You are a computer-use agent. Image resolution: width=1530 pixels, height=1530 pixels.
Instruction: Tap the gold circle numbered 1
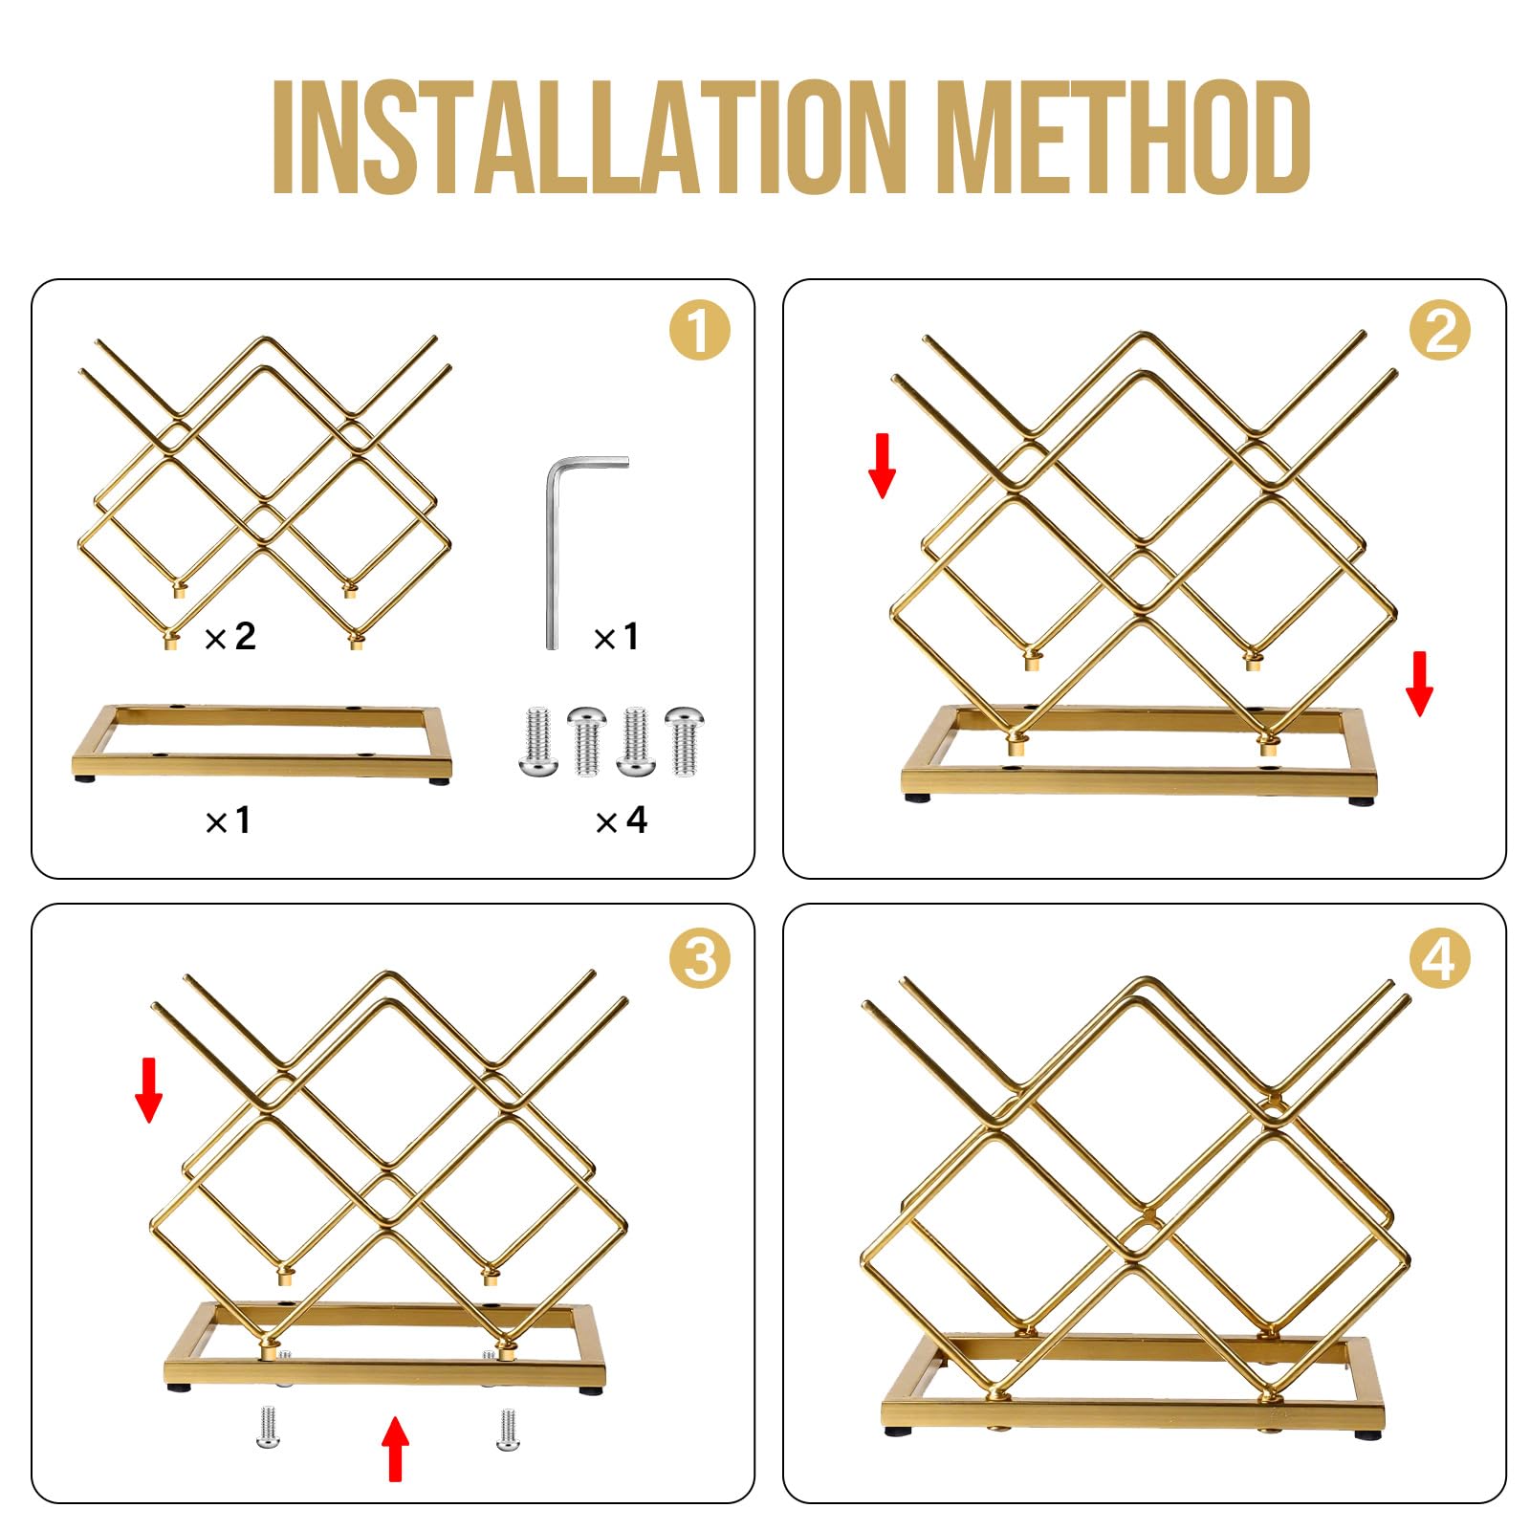(x=699, y=331)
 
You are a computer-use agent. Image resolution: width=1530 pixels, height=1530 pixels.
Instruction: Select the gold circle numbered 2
(x=1440, y=331)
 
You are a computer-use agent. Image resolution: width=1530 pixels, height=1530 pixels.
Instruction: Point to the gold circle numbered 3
(x=699, y=959)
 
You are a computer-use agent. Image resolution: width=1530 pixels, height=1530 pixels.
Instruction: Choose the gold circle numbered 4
(x=1440, y=959)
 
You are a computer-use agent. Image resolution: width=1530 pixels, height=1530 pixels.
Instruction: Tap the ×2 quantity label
(x=230, y=636)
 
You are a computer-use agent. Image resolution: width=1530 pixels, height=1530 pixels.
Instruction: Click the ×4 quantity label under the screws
(x=621, y=820)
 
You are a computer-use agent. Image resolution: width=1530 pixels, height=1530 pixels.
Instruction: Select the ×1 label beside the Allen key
(x=616, y=637)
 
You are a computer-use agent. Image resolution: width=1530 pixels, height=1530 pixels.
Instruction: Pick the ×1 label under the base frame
(x=228, y=820)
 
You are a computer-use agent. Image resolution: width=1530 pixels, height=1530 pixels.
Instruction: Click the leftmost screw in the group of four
(x=536, y=741)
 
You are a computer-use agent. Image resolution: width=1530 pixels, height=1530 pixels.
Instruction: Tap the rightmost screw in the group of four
(x=685, y=741)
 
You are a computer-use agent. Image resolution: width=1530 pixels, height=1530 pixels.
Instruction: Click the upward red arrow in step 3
(x=395, y=1449)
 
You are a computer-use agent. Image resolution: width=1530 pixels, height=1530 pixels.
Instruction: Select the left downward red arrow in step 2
(x=882, y=466)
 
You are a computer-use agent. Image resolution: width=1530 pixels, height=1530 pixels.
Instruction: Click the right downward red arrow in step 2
(x=1420, y=684)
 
